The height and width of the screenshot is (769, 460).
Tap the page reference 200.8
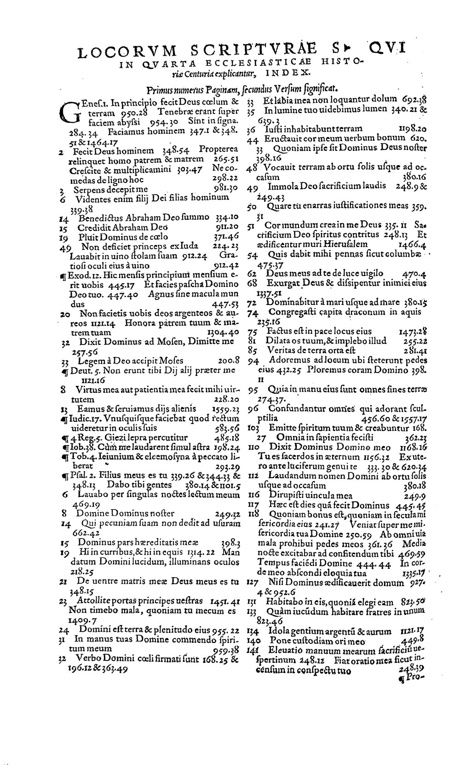click(x=229, y=361)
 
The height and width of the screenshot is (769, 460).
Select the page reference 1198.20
click(x=413, y=129)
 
